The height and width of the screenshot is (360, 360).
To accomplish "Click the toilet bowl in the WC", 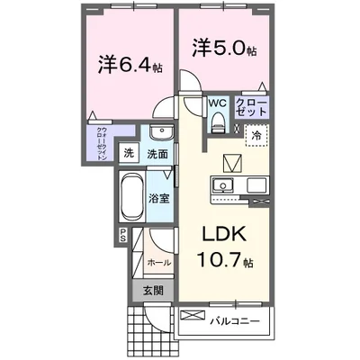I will [x=218, y=125].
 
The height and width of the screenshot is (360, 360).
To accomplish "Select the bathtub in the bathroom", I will [x=128, y=196].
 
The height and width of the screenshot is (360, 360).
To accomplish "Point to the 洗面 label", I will [x=158, y=155].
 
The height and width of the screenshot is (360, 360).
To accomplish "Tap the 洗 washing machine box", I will [x=128, y=154].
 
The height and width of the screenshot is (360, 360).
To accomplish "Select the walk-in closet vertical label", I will [x=103, y=141].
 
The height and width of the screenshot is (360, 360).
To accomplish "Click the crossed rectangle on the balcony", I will [x=191, y=316].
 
